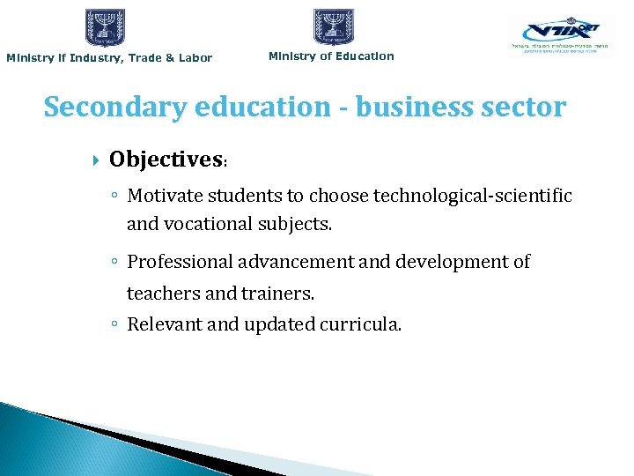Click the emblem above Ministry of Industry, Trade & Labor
(106, 27)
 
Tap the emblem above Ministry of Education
(334, 27)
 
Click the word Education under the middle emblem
(364, 56)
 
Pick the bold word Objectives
(166, 160)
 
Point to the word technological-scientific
(473, 195)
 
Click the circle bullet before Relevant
(116, 324)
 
